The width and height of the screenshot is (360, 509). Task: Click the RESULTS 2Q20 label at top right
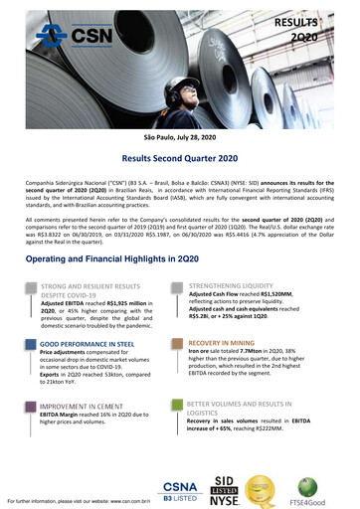pos(329,29)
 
